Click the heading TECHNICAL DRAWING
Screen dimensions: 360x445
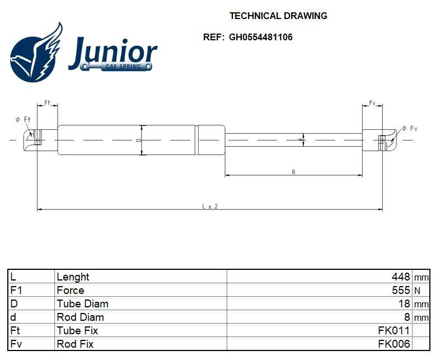click(278, 16)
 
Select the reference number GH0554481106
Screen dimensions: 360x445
click(260, 38)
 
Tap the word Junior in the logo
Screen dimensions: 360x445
click(113, 51)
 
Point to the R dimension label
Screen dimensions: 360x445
click(293, 172)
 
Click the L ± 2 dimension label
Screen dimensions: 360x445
click(209, 207)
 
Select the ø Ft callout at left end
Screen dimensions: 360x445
click(23, 119)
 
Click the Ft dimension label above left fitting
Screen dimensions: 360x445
click(48, 103)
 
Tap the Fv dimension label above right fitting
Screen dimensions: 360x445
click(372, 103)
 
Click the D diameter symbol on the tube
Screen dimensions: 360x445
click(140, 140)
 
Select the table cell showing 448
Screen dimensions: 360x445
click(401, 277)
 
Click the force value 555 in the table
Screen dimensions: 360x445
click(401, 290)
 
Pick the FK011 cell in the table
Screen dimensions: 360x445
click(394, 330)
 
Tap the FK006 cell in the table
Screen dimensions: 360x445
click(394, 344)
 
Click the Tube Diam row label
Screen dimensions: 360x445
click(82, 303)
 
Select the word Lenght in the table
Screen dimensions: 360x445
click(73, 277)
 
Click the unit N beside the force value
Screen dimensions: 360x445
click(417, 291)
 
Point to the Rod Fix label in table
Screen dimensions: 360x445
click(75, 344)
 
